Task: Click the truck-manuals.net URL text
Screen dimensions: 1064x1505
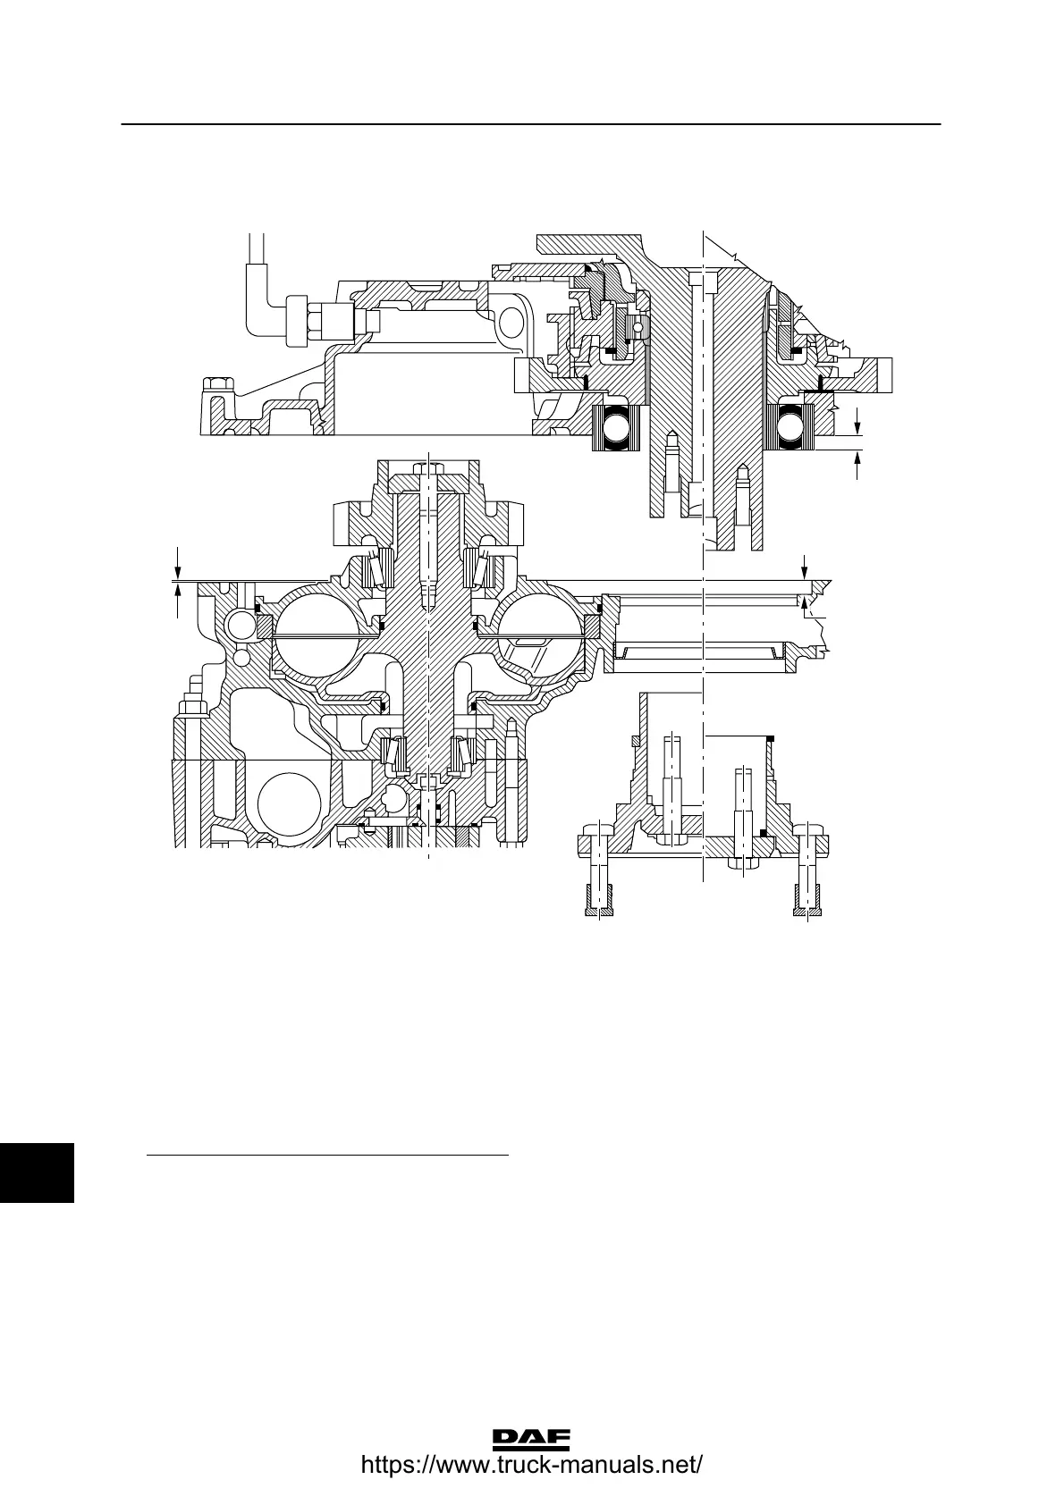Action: coord(531,1467)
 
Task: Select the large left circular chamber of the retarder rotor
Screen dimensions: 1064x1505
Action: coord(317,635)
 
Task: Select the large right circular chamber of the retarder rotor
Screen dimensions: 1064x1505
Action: coord(539,635)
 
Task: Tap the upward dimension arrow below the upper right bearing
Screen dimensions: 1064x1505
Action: coord(857,462)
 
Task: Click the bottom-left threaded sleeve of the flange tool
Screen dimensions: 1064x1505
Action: coord(598,899)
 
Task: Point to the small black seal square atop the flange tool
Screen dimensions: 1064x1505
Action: coord(771,738)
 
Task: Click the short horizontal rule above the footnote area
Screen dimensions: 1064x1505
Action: coord(326,1156)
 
